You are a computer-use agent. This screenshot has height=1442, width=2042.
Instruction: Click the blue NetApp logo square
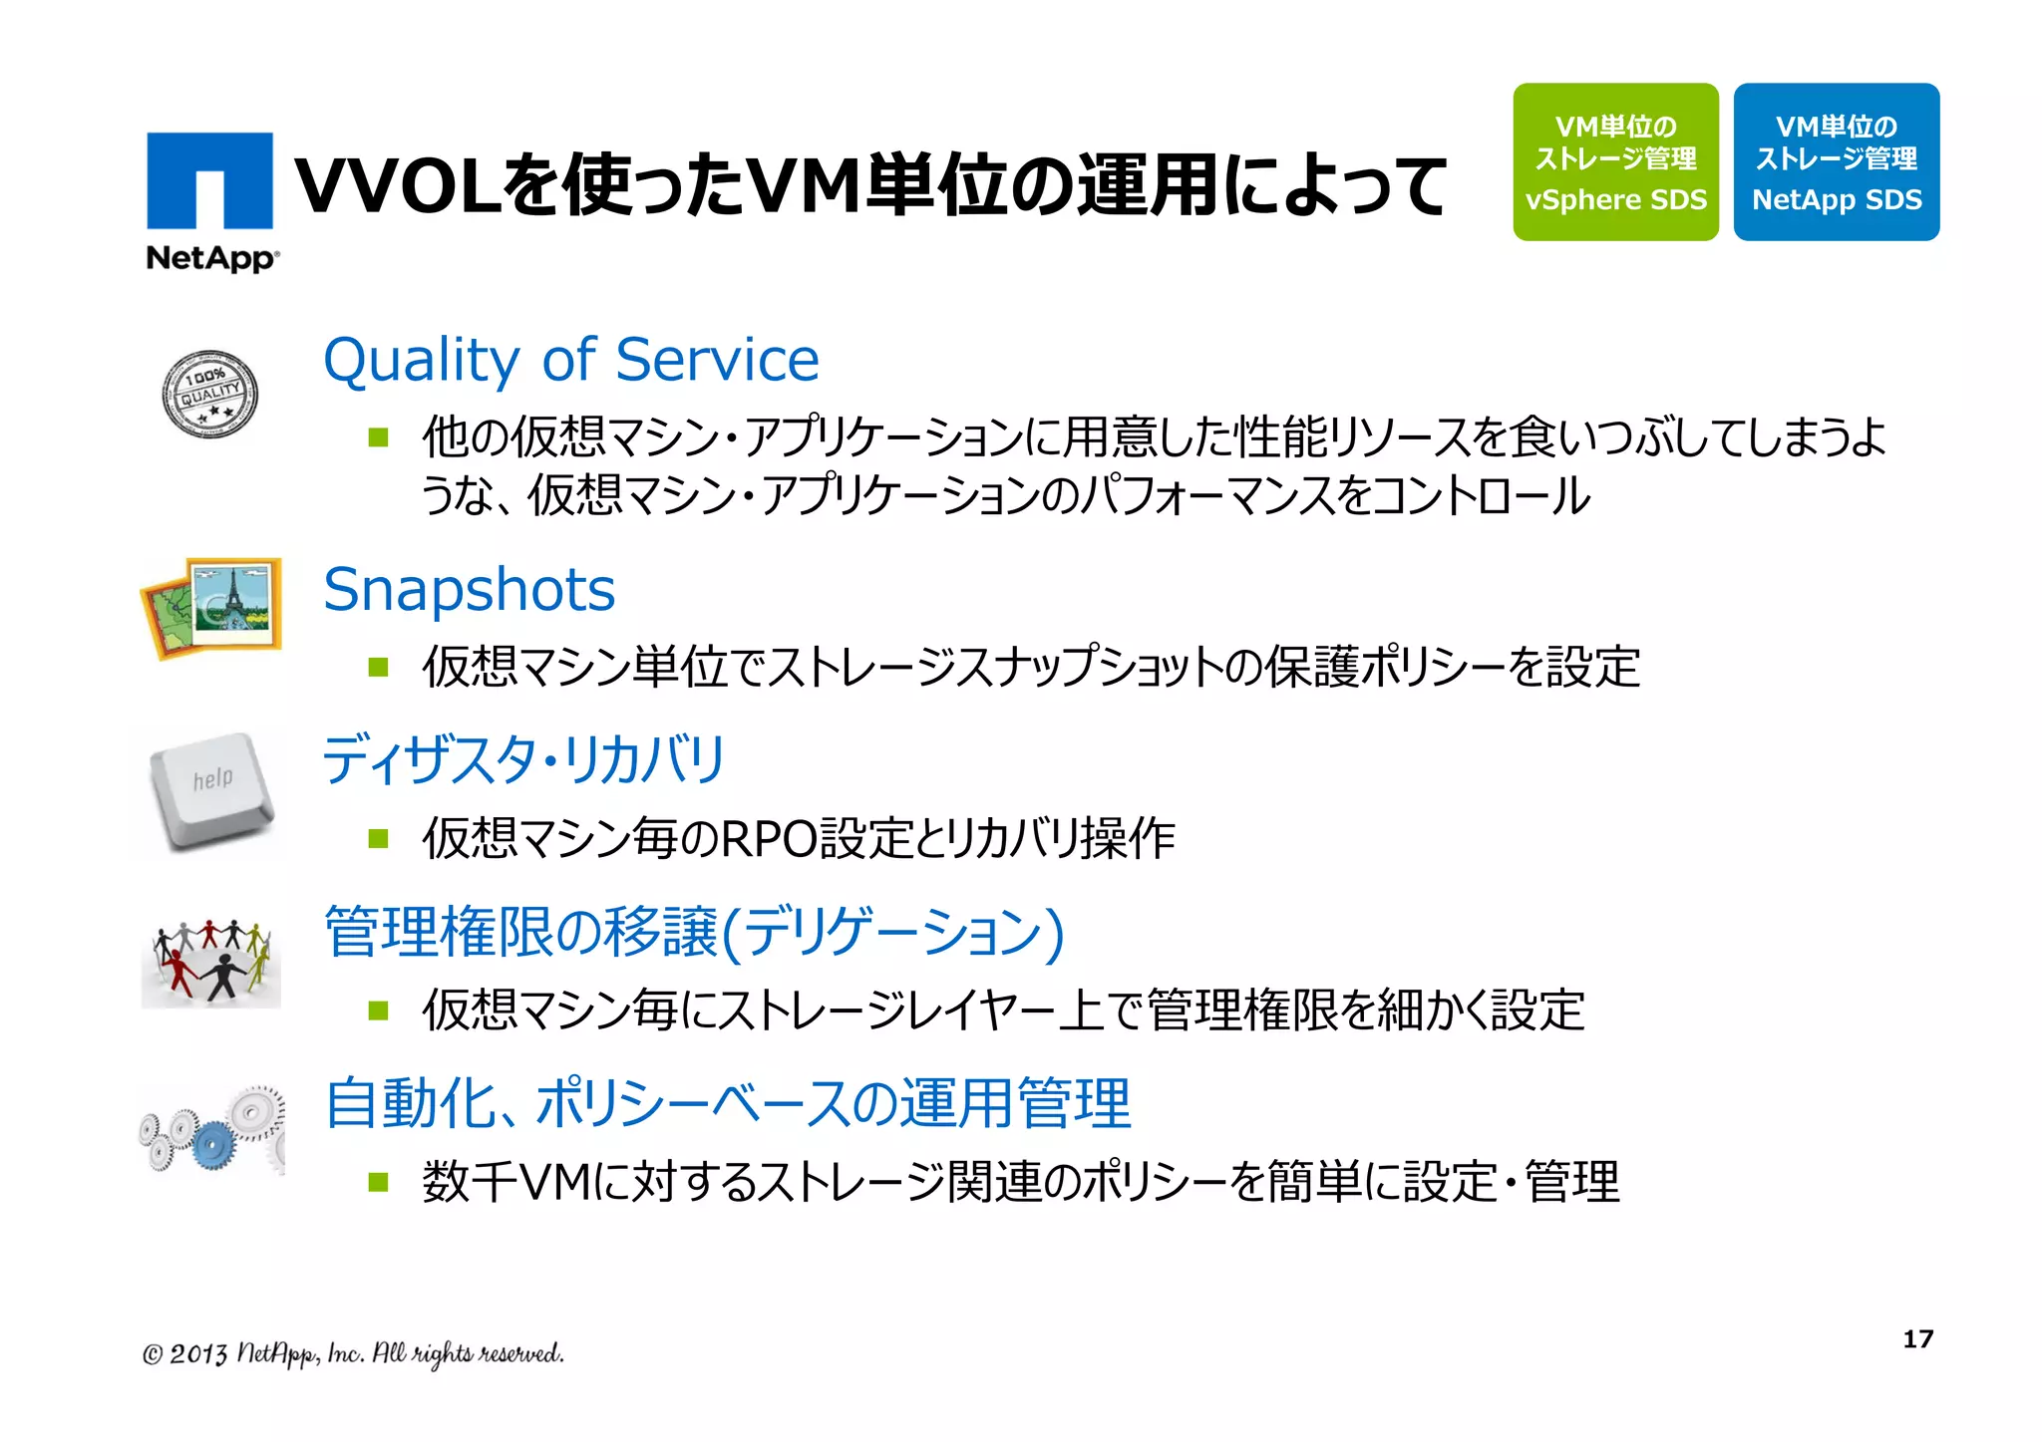pyautogui.click(x=209, y=180)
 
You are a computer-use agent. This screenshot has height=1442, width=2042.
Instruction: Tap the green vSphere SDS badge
pyautogui.click(x=1615, y=161)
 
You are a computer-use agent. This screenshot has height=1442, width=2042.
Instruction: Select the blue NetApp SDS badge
pyautogui.click(x=1837, y=161)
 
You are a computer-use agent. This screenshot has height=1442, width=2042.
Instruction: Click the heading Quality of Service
pyautogui.click(x=570, y=360)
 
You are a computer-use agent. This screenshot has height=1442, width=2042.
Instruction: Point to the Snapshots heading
pyautogui.click(x=469, y=590)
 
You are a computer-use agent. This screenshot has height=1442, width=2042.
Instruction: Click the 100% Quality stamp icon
pyautogui.click(x=209, y=395)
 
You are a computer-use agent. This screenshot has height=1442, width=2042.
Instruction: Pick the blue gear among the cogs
pyautogui.click(x=210, y=1144)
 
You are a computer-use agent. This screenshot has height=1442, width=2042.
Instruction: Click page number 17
pyautogui.click(x=1917, y=1339)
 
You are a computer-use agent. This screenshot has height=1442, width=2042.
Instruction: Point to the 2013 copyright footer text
pyautogui.click(x=353, y=1353)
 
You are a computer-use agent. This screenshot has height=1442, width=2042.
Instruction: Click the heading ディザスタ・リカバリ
pyautogui.click(x=523, y=760)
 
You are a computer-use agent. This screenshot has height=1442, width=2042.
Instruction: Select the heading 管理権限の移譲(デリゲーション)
pyautogui.click(x=694, y=933)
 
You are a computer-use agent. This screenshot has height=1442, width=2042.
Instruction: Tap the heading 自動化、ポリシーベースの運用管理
pyautogui.click(x=728, y=1104)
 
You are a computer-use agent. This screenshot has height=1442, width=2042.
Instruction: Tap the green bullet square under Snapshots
pyautogui.click(x=378, y=667)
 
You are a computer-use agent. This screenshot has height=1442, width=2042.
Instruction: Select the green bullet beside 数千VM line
pyautogui.click(x=378, y=1182)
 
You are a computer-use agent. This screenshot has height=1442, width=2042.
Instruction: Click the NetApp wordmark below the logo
pyautogui.click(x=212, y=258)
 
